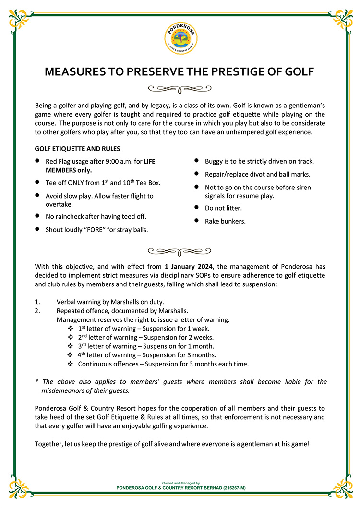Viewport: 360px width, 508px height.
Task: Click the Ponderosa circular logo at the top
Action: pos(180,38)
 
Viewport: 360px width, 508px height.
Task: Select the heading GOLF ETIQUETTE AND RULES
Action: pos(77,149)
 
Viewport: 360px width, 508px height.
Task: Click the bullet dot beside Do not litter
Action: pos(196,208)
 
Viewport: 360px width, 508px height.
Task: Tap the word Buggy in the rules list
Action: pos(214,161)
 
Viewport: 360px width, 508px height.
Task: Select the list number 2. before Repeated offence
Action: pos(37,310)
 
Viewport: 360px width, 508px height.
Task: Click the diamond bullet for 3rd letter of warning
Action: pos(70,346)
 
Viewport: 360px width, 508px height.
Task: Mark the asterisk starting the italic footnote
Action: pos(37,382)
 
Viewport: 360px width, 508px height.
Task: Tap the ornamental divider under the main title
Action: pos(180,88)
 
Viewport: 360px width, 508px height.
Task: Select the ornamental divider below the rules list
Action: pos(180,250)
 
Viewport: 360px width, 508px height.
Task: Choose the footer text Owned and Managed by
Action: pos(180,483)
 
